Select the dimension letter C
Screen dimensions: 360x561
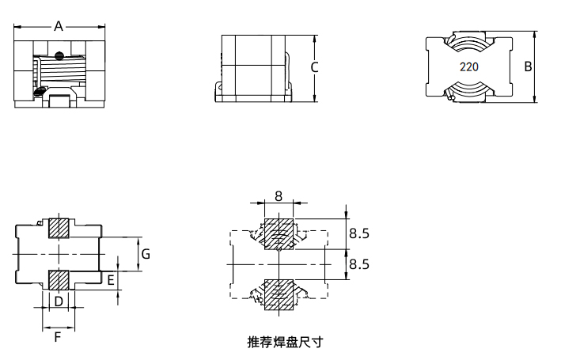point(314,67)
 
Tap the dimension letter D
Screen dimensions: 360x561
point(59,301)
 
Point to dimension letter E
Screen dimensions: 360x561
point(111,279)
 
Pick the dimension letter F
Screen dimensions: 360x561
point(58,338)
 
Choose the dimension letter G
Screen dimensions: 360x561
point(146,254)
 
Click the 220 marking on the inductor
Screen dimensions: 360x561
point(468,67)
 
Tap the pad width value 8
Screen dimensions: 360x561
point(279,195)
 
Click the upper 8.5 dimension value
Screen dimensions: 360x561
point(359,233)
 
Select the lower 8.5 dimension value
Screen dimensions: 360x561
point(359,263)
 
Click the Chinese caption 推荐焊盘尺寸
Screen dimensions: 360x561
point(285,343)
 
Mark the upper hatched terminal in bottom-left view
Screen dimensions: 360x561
point(59,228)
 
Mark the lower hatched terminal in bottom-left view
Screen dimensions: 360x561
point(59,280)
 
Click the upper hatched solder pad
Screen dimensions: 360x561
point(279,234)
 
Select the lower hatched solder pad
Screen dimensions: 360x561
point(279,293)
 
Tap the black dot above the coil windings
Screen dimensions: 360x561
point(60,55)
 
